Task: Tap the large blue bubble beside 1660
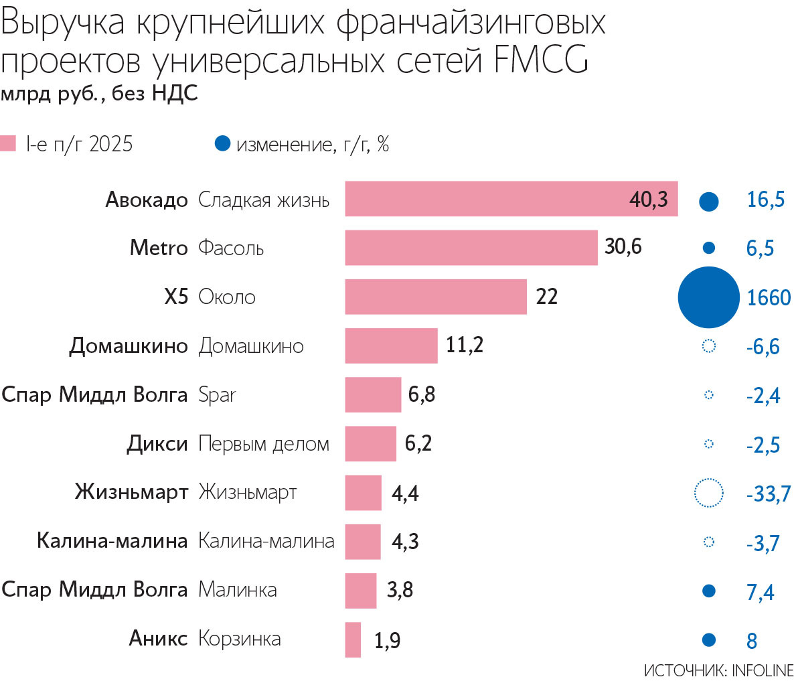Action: click(708, 297)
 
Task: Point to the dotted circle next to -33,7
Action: click(709, 494)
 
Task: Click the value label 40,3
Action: click(648, 199)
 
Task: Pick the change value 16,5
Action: click(765, 200)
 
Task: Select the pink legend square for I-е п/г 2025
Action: click(8, 143)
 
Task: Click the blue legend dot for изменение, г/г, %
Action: click(223, 143)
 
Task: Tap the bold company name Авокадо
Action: click(147, 200)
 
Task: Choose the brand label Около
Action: click(227, 297)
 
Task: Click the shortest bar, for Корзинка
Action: click(353, 639)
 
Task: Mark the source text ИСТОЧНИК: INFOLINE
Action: click(718, 670)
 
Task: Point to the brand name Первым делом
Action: click(264, 444)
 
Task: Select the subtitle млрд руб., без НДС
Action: click(99, 93)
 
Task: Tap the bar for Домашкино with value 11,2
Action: click(391, 346)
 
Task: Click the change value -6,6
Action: click(763, 347)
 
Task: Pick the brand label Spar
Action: click(217, 395)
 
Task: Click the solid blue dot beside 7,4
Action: click(708, 591)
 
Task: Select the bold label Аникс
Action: click(158, 639)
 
